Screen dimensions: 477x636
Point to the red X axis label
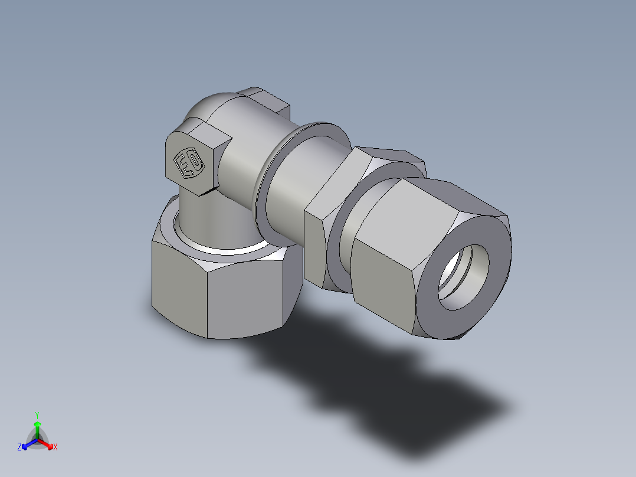tap(55, 447)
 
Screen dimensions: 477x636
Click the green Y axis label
tap(37, 415)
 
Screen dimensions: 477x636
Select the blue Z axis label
tap(19, 447)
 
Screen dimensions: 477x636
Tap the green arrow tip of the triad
tap(37, 424)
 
